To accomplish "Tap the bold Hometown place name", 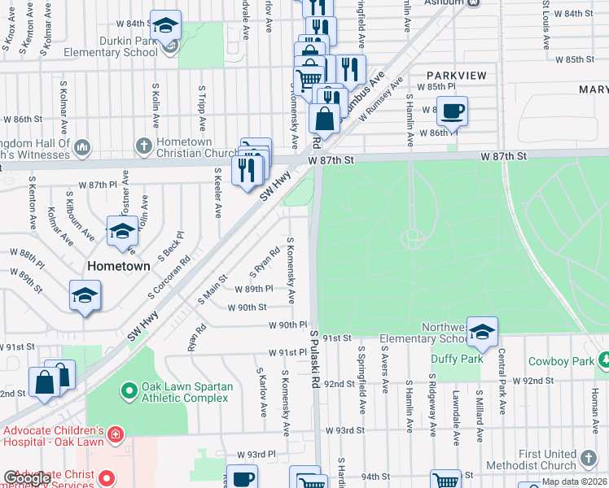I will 119,266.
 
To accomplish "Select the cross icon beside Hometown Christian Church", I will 143,147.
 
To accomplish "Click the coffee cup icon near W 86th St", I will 452,111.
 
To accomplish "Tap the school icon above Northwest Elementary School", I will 482,331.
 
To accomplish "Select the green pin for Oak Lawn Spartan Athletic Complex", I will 129,392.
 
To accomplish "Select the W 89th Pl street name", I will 253,289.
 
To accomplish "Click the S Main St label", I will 210,291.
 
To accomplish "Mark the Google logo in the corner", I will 27,478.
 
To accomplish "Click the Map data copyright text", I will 574,481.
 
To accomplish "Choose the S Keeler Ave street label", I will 217,193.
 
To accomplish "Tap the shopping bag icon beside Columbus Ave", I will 324,120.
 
